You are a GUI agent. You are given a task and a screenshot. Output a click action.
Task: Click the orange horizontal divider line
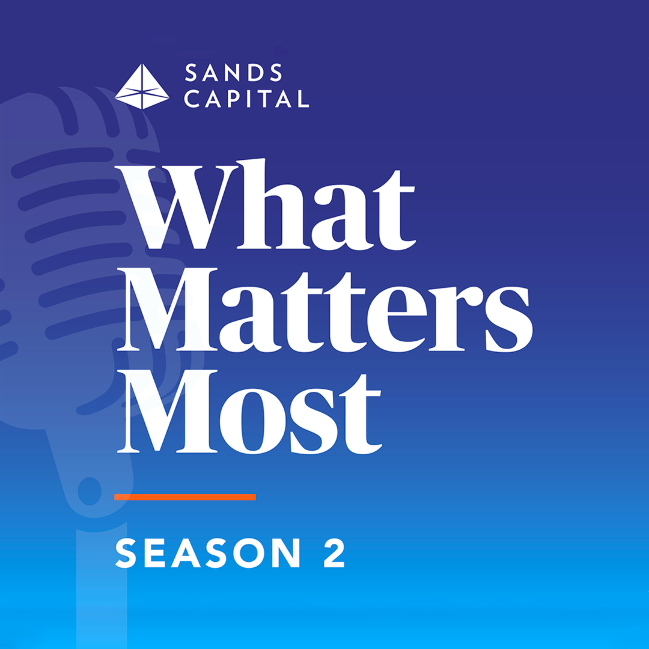pyautogui.click(x=185, y=497)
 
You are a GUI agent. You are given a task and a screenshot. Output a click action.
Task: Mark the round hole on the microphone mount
pyautogui.click(x=90, y=491)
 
